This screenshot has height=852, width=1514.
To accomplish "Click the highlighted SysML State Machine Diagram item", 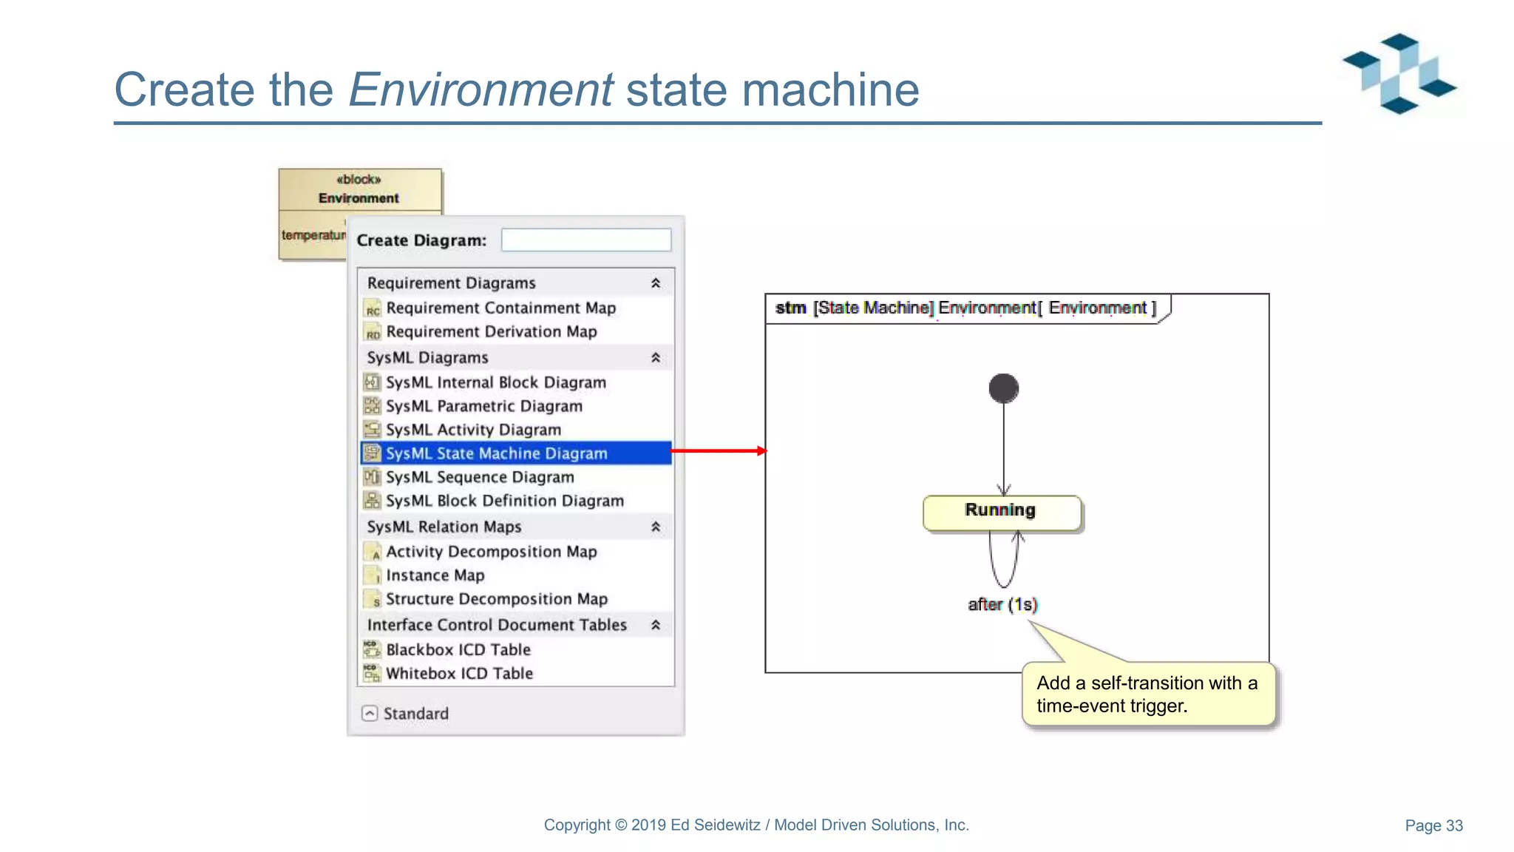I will pos(496,453).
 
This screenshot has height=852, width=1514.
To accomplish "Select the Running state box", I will pos(1002,512).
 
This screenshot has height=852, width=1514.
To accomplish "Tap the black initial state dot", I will pos(1003,388).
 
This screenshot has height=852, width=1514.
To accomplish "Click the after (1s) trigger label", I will pos(1002,604).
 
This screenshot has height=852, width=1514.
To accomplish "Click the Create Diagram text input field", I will pos(585,240).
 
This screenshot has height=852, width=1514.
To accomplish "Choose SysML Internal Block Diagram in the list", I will pos(495,382).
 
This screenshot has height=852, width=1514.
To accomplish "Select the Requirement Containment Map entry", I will pos(500,308).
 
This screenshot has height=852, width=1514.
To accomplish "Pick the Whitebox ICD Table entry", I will pos(459,673).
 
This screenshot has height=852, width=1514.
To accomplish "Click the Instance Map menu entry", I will pos(435,575).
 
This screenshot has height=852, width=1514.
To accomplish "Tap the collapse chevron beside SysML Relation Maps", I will pos(655,527).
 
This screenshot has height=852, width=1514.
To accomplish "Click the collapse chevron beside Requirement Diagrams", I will pos(655,283).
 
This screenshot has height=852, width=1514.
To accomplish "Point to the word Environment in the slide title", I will pos(481,89).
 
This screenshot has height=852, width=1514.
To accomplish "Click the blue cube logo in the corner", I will pos(1399,73).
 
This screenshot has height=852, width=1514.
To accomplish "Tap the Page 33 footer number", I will pos(1433,825).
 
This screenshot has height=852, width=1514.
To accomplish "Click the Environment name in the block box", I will pos(359,198).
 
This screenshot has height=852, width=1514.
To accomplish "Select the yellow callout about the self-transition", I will pos(1148,694).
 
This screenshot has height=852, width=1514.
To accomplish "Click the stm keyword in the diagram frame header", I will pos(790,308).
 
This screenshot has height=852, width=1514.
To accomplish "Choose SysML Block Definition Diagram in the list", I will pos(504,501).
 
